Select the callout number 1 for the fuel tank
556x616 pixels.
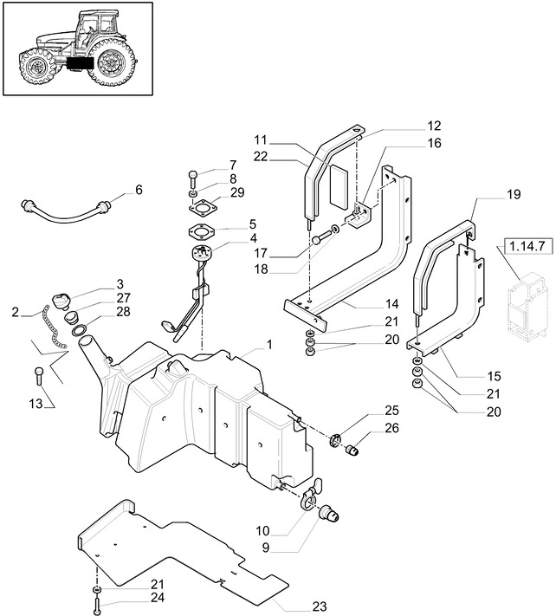(x=269, y=345)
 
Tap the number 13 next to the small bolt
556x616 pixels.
(x=36, y=404)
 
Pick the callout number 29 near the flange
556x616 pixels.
(x=237, y=191)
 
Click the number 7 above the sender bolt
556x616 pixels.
(x=232, y=165)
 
